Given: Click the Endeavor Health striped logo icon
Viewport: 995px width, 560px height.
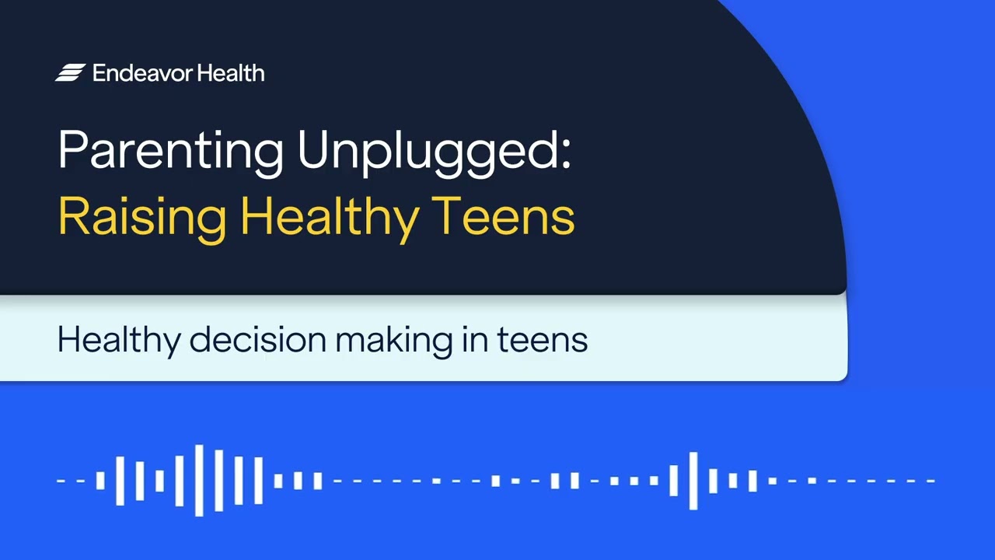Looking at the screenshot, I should [70, 73].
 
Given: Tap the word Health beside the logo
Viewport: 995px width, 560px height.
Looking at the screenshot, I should [231, 73].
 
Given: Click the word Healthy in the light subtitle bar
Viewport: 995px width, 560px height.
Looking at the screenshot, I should [117, 340].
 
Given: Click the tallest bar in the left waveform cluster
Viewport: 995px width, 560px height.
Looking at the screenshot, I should [200, 481].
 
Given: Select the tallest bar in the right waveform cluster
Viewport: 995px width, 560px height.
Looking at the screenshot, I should [693, 481].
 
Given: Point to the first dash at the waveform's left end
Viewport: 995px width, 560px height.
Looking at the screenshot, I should [61, 481].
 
